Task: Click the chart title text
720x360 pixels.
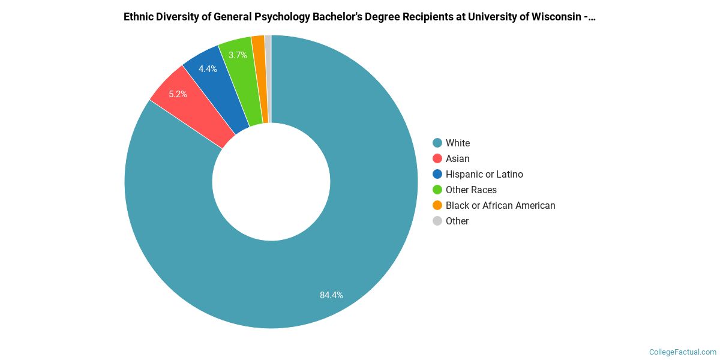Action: pyautogui.click(x=359, y=17)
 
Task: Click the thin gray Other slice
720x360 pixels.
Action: pyautogui.click(x=268, y=78)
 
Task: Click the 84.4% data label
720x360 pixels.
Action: pyautogui.click(x=331, y=295)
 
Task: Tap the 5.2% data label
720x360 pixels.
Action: pyautogui.click(x=178, y=94)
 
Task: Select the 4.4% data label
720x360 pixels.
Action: pyautogui.click(x=208, y=69)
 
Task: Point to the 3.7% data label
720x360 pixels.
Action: pyautogui.click(x=238, y=55)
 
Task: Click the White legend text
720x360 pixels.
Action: pyautogui.click(x=458, y=143)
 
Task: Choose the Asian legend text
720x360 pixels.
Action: pyautogui.click(x=458, y=158)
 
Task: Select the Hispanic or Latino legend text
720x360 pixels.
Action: pyautogui.click(x=484, y=174)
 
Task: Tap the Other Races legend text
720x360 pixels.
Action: pyautogui.click(x=471, y=190)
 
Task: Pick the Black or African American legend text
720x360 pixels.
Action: pyautogui.click(x=500, y=205)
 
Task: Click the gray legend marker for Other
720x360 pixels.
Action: pyautogui.click(x=437, y=221)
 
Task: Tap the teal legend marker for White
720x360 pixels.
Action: pyautogui.click(x=437, y=143)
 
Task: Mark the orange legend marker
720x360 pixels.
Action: pyautogui.click(x=437, y=205)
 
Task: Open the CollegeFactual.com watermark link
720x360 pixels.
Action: pyautogui.click(x=683, y=352)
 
